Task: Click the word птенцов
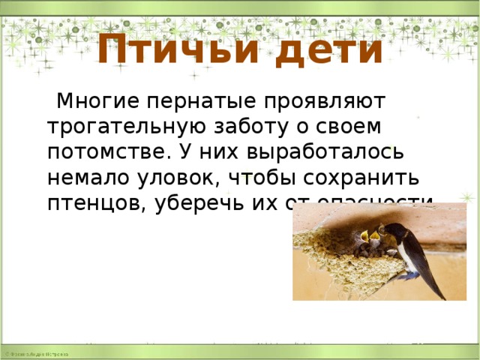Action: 93,202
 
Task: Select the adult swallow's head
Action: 393,229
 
